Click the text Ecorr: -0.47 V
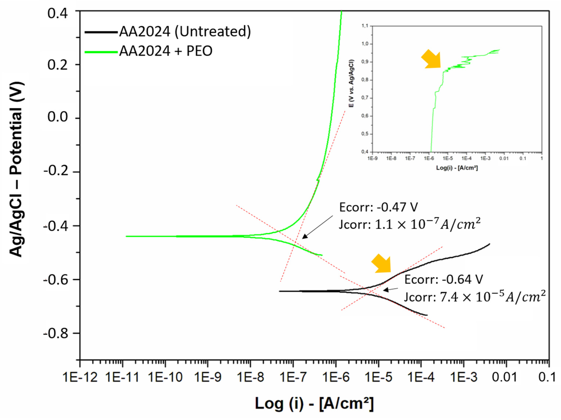tap(378, 207)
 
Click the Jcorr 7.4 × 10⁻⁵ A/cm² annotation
tap(474, 297)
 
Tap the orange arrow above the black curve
tap(382, 264)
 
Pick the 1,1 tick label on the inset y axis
tap(365, 26)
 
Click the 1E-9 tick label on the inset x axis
tap(372, 158)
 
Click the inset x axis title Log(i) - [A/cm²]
tap(457, 168)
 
